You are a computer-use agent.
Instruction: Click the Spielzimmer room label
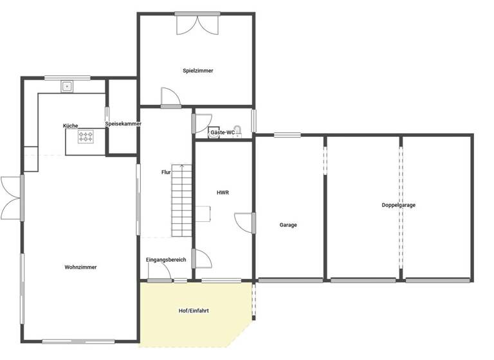[x=197, y=71]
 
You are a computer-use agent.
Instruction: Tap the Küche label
[x=71, y=125]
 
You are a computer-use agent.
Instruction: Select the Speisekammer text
[x=123, y=123]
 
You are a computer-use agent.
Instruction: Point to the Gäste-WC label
[x=222, y=132]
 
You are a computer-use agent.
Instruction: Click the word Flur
[x=166, y=172]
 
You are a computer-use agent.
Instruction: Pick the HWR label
[x=223, y=192]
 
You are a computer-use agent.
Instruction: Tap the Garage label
[x=288, y=225]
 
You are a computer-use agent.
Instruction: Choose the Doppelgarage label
[x=398, y=205]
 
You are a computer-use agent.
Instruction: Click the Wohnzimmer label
[x=80, y=267]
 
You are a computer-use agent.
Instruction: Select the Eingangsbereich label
[x=166, y=260]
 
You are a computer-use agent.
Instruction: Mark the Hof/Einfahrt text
[x=194, y=310]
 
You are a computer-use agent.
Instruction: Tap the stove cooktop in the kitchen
[x=86, y=136]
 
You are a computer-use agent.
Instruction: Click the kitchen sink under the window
[x=66, y=85]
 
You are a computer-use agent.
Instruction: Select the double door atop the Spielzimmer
[x=197, y=24]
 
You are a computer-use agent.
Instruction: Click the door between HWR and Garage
[x=244, y=222]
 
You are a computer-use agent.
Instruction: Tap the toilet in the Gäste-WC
[x=237, y=130]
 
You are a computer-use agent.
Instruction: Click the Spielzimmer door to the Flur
[x=170, y=96]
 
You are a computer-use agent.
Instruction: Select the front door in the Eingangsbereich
[x=159, y=273]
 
